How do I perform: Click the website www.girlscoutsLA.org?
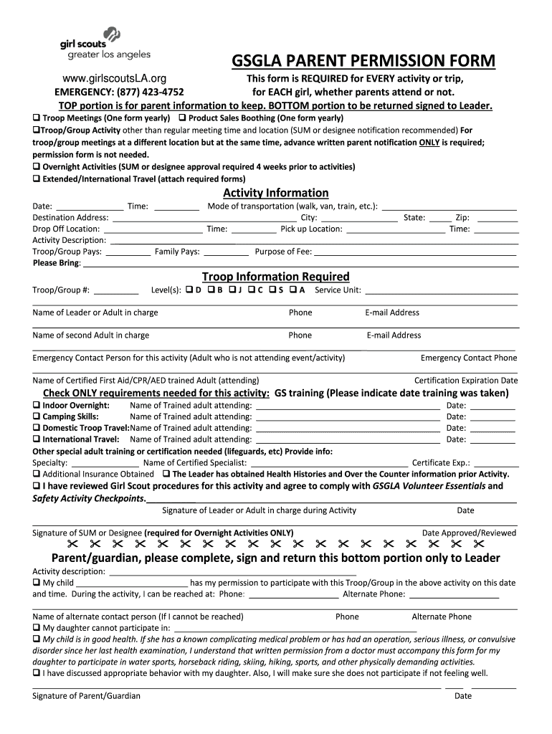click(x=115, y=78)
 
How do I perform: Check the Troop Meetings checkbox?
click(x=37, y=118)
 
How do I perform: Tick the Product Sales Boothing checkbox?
click(x=182, y=118)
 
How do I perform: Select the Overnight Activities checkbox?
click(x=37, y=167)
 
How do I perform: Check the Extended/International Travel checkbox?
click(x=37, y=178)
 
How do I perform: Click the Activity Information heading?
click(x=276, y=193)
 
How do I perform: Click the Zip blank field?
click(x=496, y=218)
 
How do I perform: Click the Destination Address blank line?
click(x=204, y=218)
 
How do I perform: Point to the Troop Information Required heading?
click(x=276, y=277)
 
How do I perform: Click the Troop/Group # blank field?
click(x=116, y=290)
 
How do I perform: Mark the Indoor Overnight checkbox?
click(x=37, y=406)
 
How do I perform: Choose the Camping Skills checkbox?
click(x=37, y=416)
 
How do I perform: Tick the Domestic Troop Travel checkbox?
click(x=37, y=428)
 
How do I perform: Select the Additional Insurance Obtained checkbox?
click(x=37, y=475)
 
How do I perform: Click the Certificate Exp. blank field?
click(x=496, y=463)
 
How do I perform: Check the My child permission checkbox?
click(x=37, y=583)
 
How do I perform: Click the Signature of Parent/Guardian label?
click(x=87, y=696)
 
